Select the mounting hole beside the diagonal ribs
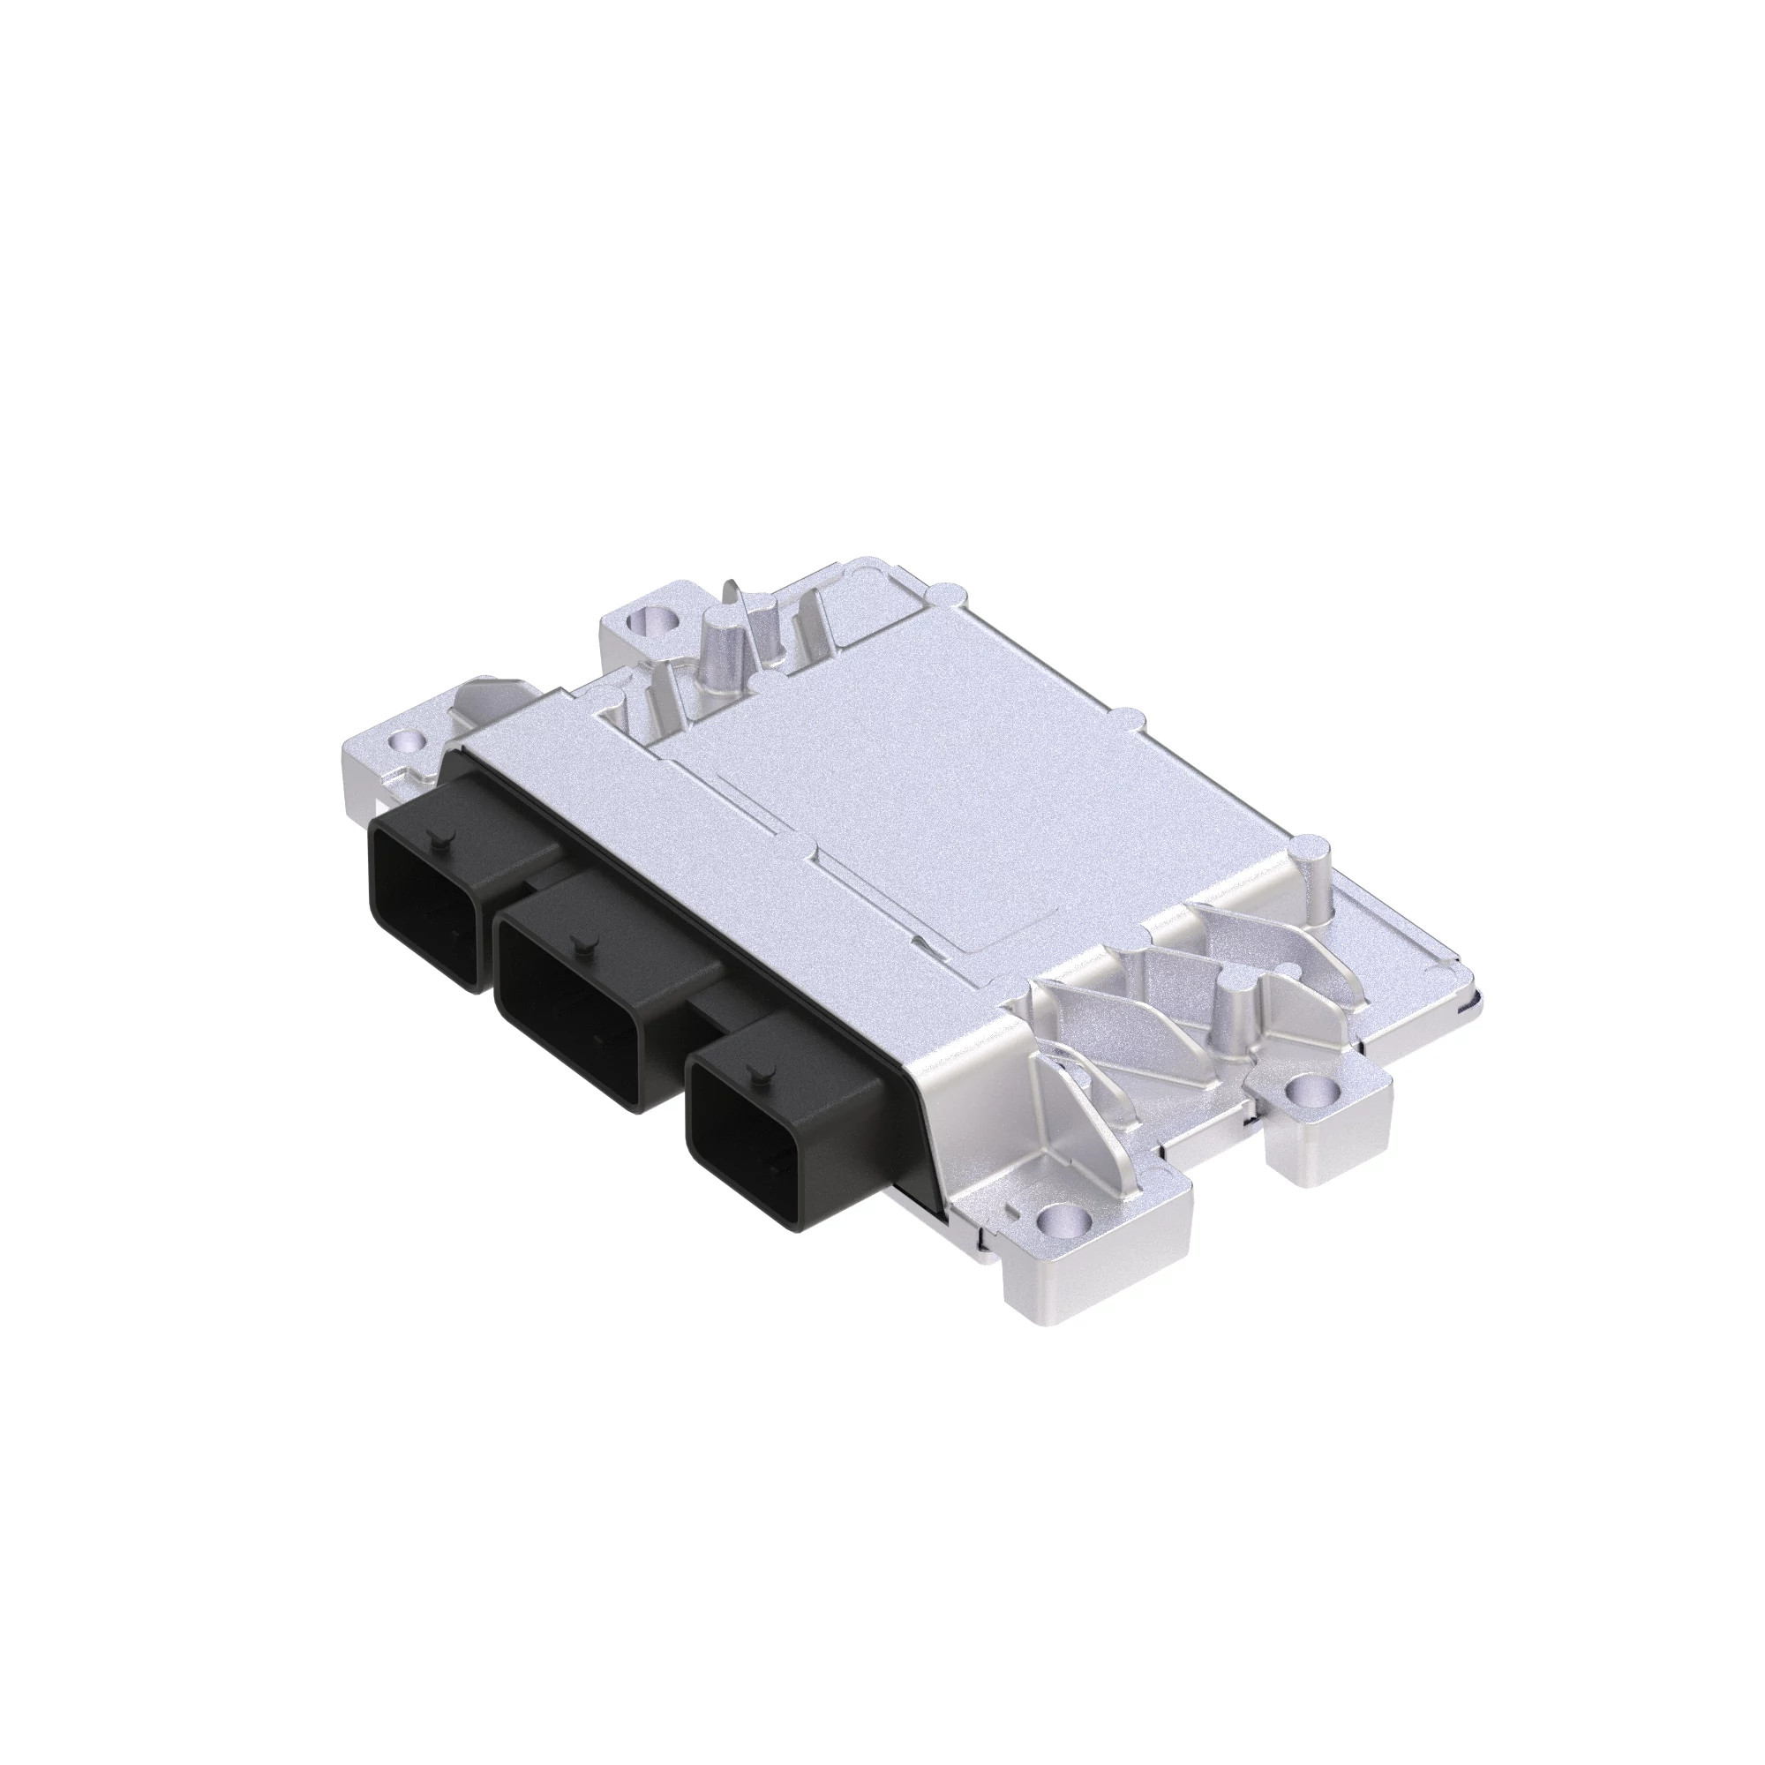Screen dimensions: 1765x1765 (1308, 1090)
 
